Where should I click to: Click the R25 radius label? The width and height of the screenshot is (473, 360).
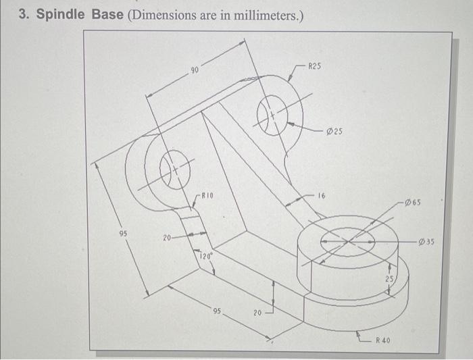point(315,66)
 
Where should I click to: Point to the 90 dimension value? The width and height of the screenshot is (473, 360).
point(195,70)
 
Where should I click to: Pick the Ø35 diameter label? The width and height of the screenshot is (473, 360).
point(427,240)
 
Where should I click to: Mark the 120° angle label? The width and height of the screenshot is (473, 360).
point(205,256)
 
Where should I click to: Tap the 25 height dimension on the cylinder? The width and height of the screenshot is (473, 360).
point(389,278)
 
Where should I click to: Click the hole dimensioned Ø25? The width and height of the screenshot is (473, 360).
point(273,115)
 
